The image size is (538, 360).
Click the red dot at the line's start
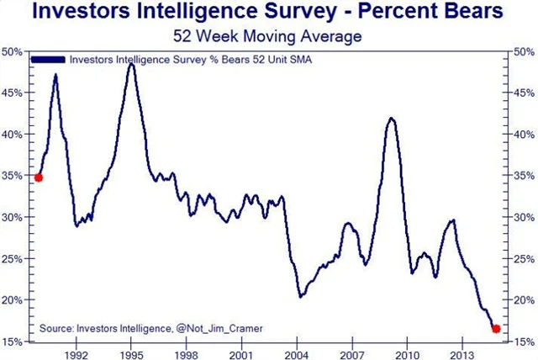pos(38,177)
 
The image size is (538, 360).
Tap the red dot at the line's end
pos(496,328)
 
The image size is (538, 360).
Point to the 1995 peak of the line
pos(131,64)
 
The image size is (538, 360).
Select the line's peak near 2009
pos(391,119)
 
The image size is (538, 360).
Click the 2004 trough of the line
pos(301,296)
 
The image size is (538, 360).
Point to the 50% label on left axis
pos(13,52)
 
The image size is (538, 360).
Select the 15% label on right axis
pos(523,341)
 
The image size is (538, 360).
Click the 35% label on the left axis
pos(13,176)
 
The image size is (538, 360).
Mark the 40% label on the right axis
pos(523,135)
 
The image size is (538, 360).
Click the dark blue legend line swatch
pos(48,60)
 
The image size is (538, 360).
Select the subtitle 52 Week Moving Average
pos(269,36)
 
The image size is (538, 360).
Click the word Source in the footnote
pos(58,327)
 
